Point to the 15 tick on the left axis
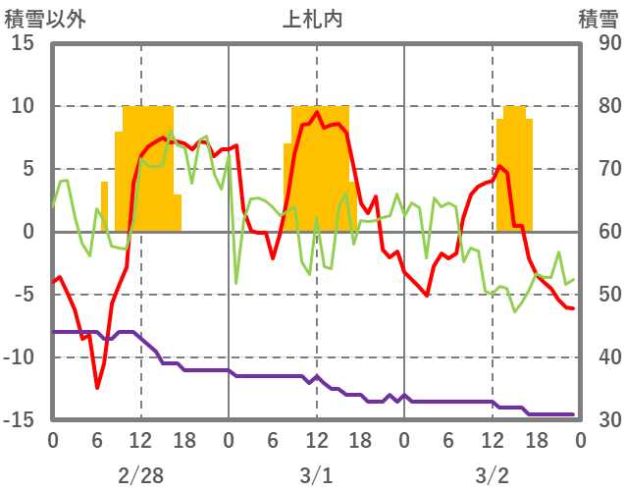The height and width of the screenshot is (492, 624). (23, 43)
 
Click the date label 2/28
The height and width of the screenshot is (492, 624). (140, 476)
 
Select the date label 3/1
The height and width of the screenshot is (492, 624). (316, 476)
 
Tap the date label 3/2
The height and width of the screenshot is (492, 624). (492, 476)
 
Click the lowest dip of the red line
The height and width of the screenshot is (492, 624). (97, 388)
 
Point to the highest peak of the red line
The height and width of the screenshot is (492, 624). (316, 112)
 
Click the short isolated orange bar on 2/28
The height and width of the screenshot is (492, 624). (104, 206)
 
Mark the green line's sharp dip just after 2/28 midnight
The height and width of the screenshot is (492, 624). (236, 283)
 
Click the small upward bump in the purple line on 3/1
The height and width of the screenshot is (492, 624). (316, 376)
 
